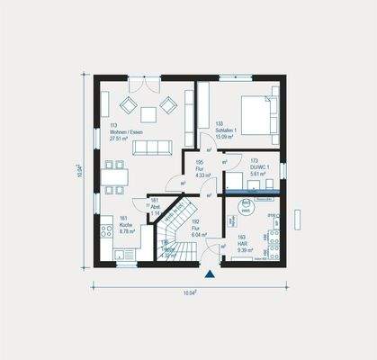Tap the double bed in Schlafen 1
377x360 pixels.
coord(256,116)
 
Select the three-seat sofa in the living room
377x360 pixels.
coord(151,147)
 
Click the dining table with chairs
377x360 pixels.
coord(114,176)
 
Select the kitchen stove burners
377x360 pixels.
coord(107,231)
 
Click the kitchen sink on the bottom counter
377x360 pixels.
coord(123,255)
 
